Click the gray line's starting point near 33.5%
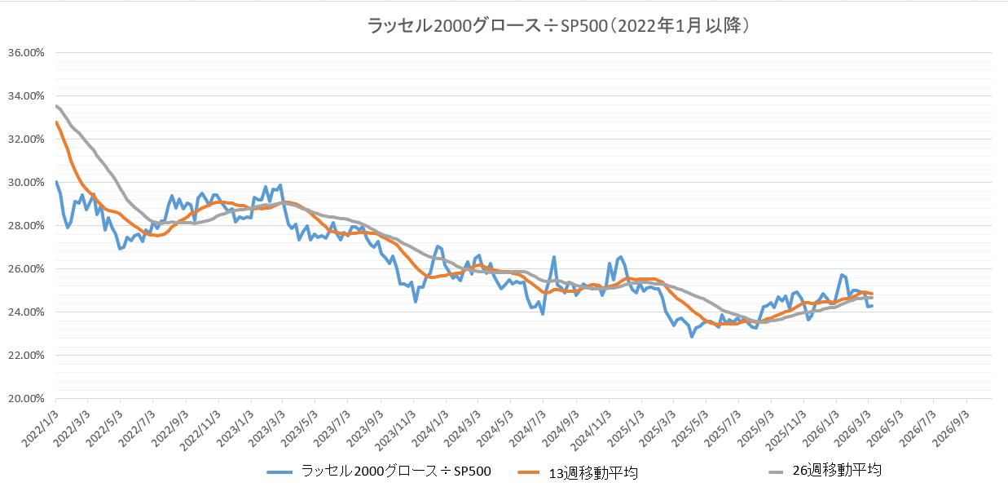pos(55,105)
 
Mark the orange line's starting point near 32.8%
pos(55,122)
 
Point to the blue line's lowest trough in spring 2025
pos(692,336)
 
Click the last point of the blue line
pos(872,305)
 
